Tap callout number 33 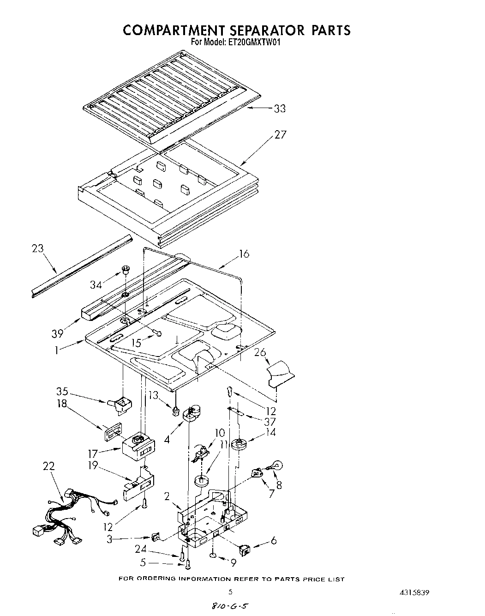(280, 109)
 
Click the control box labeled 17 (138, 446)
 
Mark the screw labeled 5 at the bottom (188, 563)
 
